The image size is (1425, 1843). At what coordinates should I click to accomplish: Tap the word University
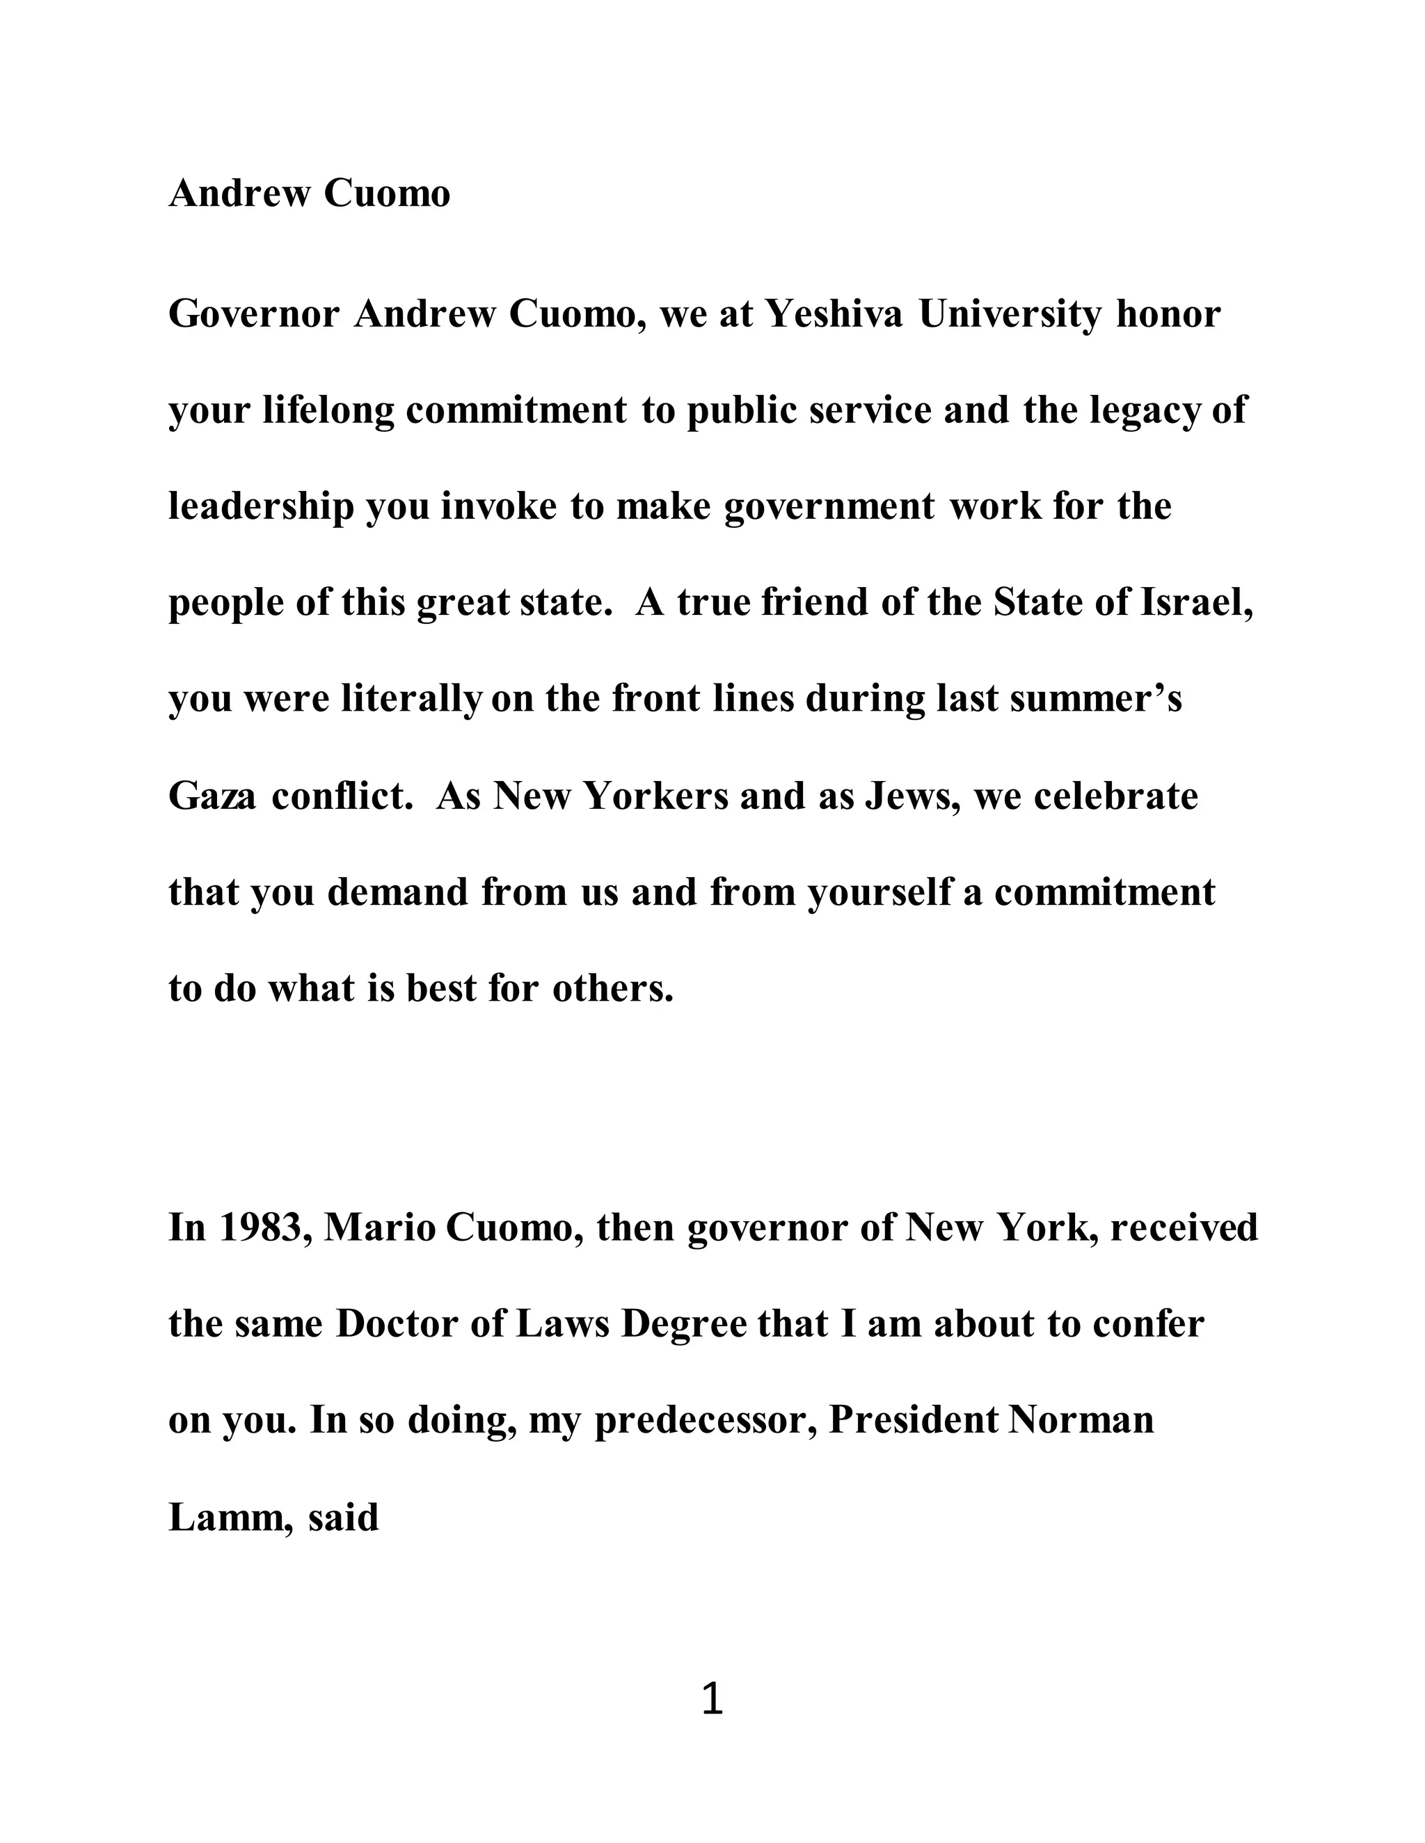[1010, 315]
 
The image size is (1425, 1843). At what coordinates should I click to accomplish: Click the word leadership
[261, 507]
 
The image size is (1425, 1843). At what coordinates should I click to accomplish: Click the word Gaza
[212, 796]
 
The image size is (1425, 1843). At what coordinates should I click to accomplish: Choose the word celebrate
[1115, 796]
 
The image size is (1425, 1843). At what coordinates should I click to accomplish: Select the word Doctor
[397, 1324]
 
